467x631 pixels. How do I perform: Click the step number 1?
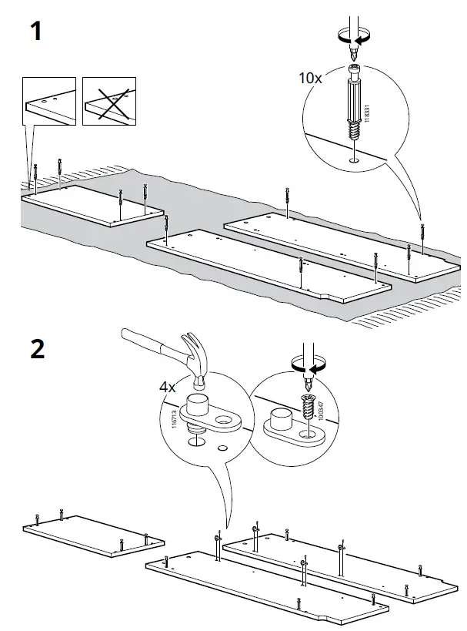(35, 32)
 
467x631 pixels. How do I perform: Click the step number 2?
(37, 349)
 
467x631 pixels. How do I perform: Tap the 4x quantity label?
(168, 388)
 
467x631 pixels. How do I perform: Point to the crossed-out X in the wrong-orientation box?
(108, 101)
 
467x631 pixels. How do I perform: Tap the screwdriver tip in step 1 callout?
(352, 56)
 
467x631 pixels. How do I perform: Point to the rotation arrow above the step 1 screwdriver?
(352, 35)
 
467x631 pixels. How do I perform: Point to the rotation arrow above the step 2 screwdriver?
(309, 363)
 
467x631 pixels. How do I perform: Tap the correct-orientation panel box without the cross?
(49, 101)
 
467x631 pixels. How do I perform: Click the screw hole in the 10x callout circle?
(352, 160)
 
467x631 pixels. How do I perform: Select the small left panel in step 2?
(92, 534)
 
